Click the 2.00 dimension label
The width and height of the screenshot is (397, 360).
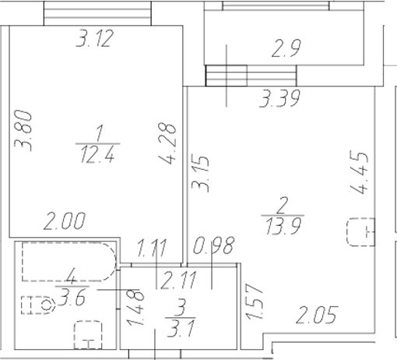(64, 222)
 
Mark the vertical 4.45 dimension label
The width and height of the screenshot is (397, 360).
(359, 178)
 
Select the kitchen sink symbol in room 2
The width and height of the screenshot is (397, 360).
(360, 232)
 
